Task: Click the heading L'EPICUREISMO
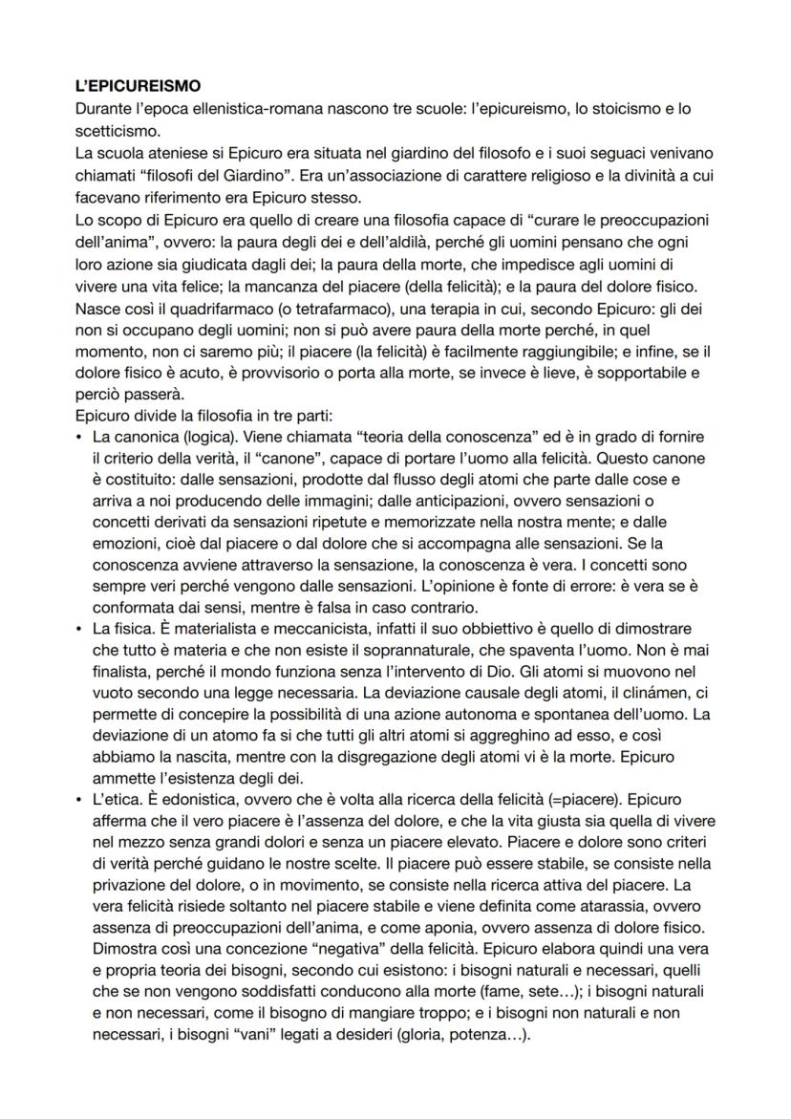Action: [x=138, y=86]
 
